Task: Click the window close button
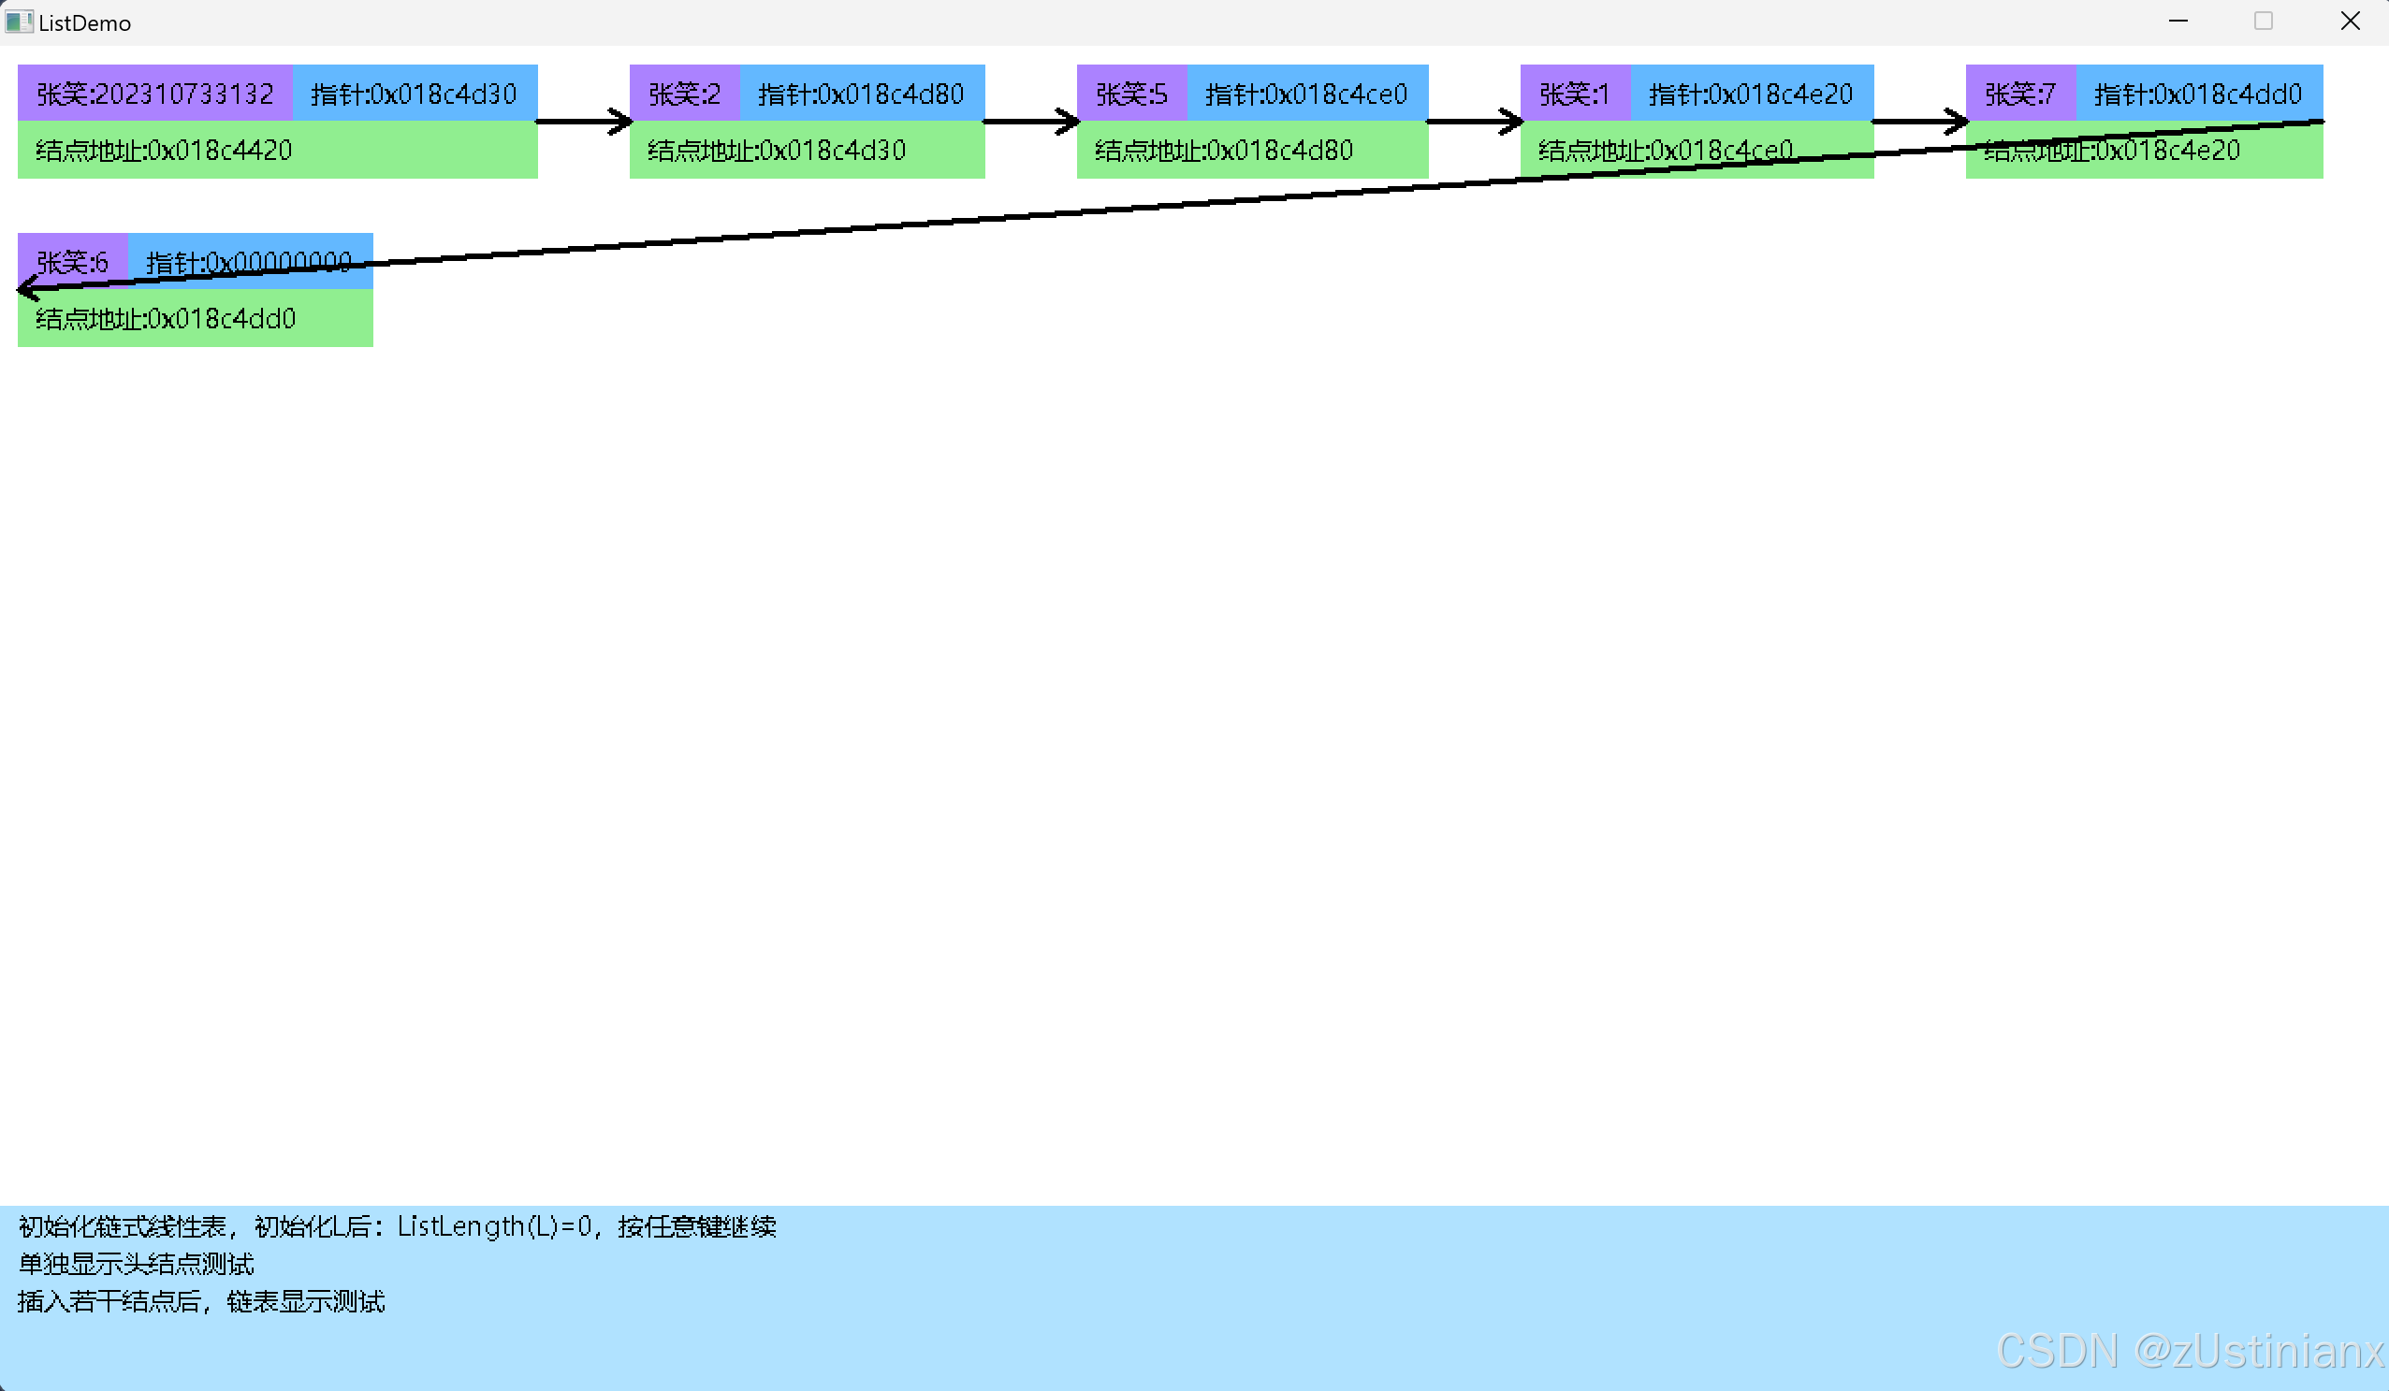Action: click(2349, 21)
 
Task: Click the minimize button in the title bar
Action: click(2178, 21)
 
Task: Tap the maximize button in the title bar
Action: click(2263, 21)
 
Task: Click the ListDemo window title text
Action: click(84, 23)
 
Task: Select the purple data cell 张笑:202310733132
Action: click(154, 94)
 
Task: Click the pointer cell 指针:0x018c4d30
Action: click(415, 94)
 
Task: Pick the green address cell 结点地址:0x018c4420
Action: click(277, 150)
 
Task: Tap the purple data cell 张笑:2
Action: click(684, 94)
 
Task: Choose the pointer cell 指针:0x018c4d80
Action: click(861, 94)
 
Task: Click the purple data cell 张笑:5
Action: click(1131, 94)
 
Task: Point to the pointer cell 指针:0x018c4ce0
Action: click(1306, 94)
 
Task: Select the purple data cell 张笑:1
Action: click(1575, 94)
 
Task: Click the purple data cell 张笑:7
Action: click(2020, 94)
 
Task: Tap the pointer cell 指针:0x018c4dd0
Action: click(2198, 94)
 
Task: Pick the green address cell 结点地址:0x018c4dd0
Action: click(195, 319)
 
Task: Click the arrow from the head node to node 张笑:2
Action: click(583, 122)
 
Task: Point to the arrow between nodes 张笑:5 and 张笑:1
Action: click(1474, 122)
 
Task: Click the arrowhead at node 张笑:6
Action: click(27, 288)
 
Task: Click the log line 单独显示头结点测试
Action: click(137, 1264)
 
